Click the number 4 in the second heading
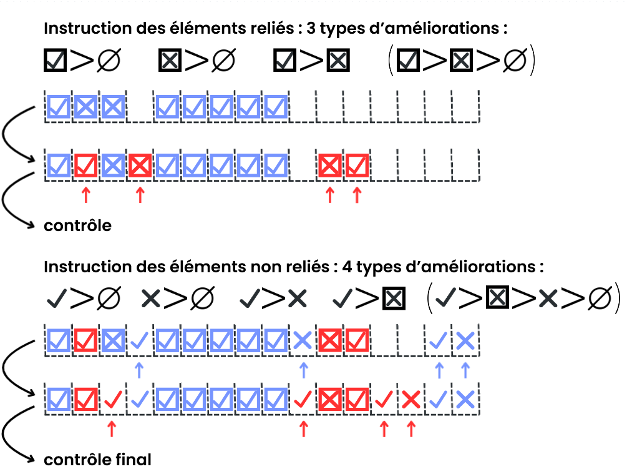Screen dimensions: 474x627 (x=341, y=267)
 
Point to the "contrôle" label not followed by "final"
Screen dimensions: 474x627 (x=77, y=225)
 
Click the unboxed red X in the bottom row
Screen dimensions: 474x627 (x=411, y=398)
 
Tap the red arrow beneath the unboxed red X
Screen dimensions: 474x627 (x=411, y=428)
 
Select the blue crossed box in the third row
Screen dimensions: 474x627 (x=113, y=340)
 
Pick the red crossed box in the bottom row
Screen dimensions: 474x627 (x=330, y=398)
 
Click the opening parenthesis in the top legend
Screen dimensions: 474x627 (x=390, y=61)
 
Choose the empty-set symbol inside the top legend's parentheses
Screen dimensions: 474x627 (x=515, y=61)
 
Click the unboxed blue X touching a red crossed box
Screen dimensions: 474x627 (x=303, y=340)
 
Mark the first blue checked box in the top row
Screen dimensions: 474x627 (x=59, y=107)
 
